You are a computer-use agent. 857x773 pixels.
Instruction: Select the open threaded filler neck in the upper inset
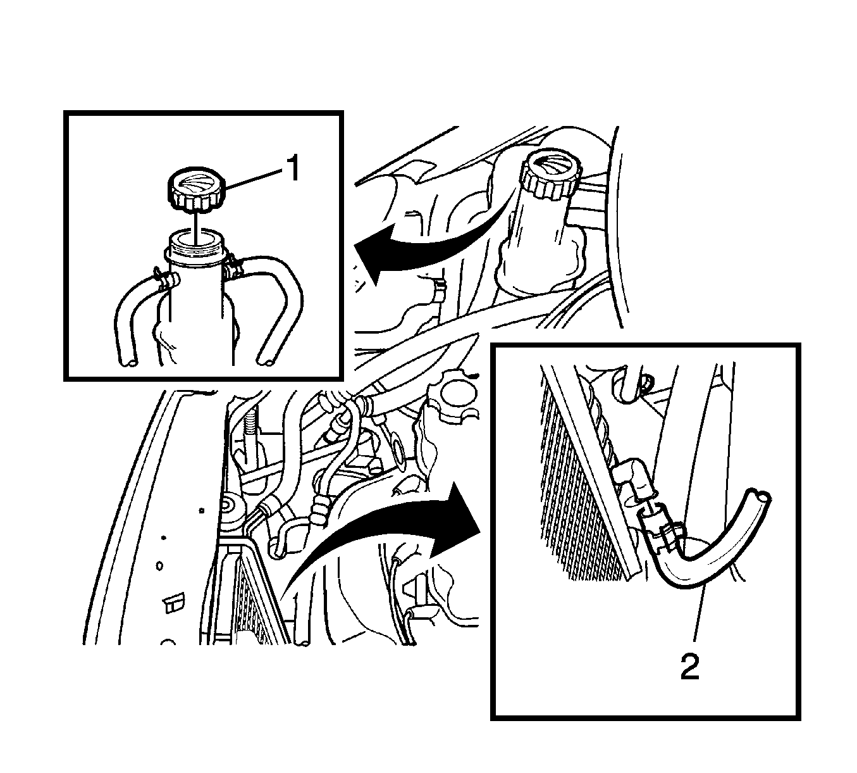[x=195, y=248]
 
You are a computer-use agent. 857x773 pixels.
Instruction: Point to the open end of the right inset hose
[x=266, y=363]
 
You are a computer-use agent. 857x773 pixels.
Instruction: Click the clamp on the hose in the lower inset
[x=669, y=536]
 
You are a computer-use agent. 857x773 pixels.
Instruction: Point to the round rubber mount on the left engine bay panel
[x=231, y=508]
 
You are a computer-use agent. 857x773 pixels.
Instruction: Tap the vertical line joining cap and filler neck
[x=195, y=227]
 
